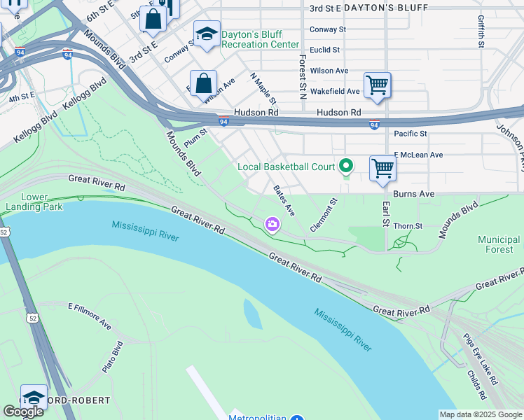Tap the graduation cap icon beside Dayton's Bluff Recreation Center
(207, 34)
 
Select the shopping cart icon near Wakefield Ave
(377, 85)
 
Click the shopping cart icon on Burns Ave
(382, 168)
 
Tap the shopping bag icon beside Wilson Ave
(202, 83)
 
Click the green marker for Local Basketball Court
(345, 166)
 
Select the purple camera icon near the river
(272, 224)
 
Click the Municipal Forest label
(499, 244)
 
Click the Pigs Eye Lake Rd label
(480, 358)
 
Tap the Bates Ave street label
(284, 200)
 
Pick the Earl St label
(385, 214)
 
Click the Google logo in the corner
(22, 412)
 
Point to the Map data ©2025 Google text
(480, 414)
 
